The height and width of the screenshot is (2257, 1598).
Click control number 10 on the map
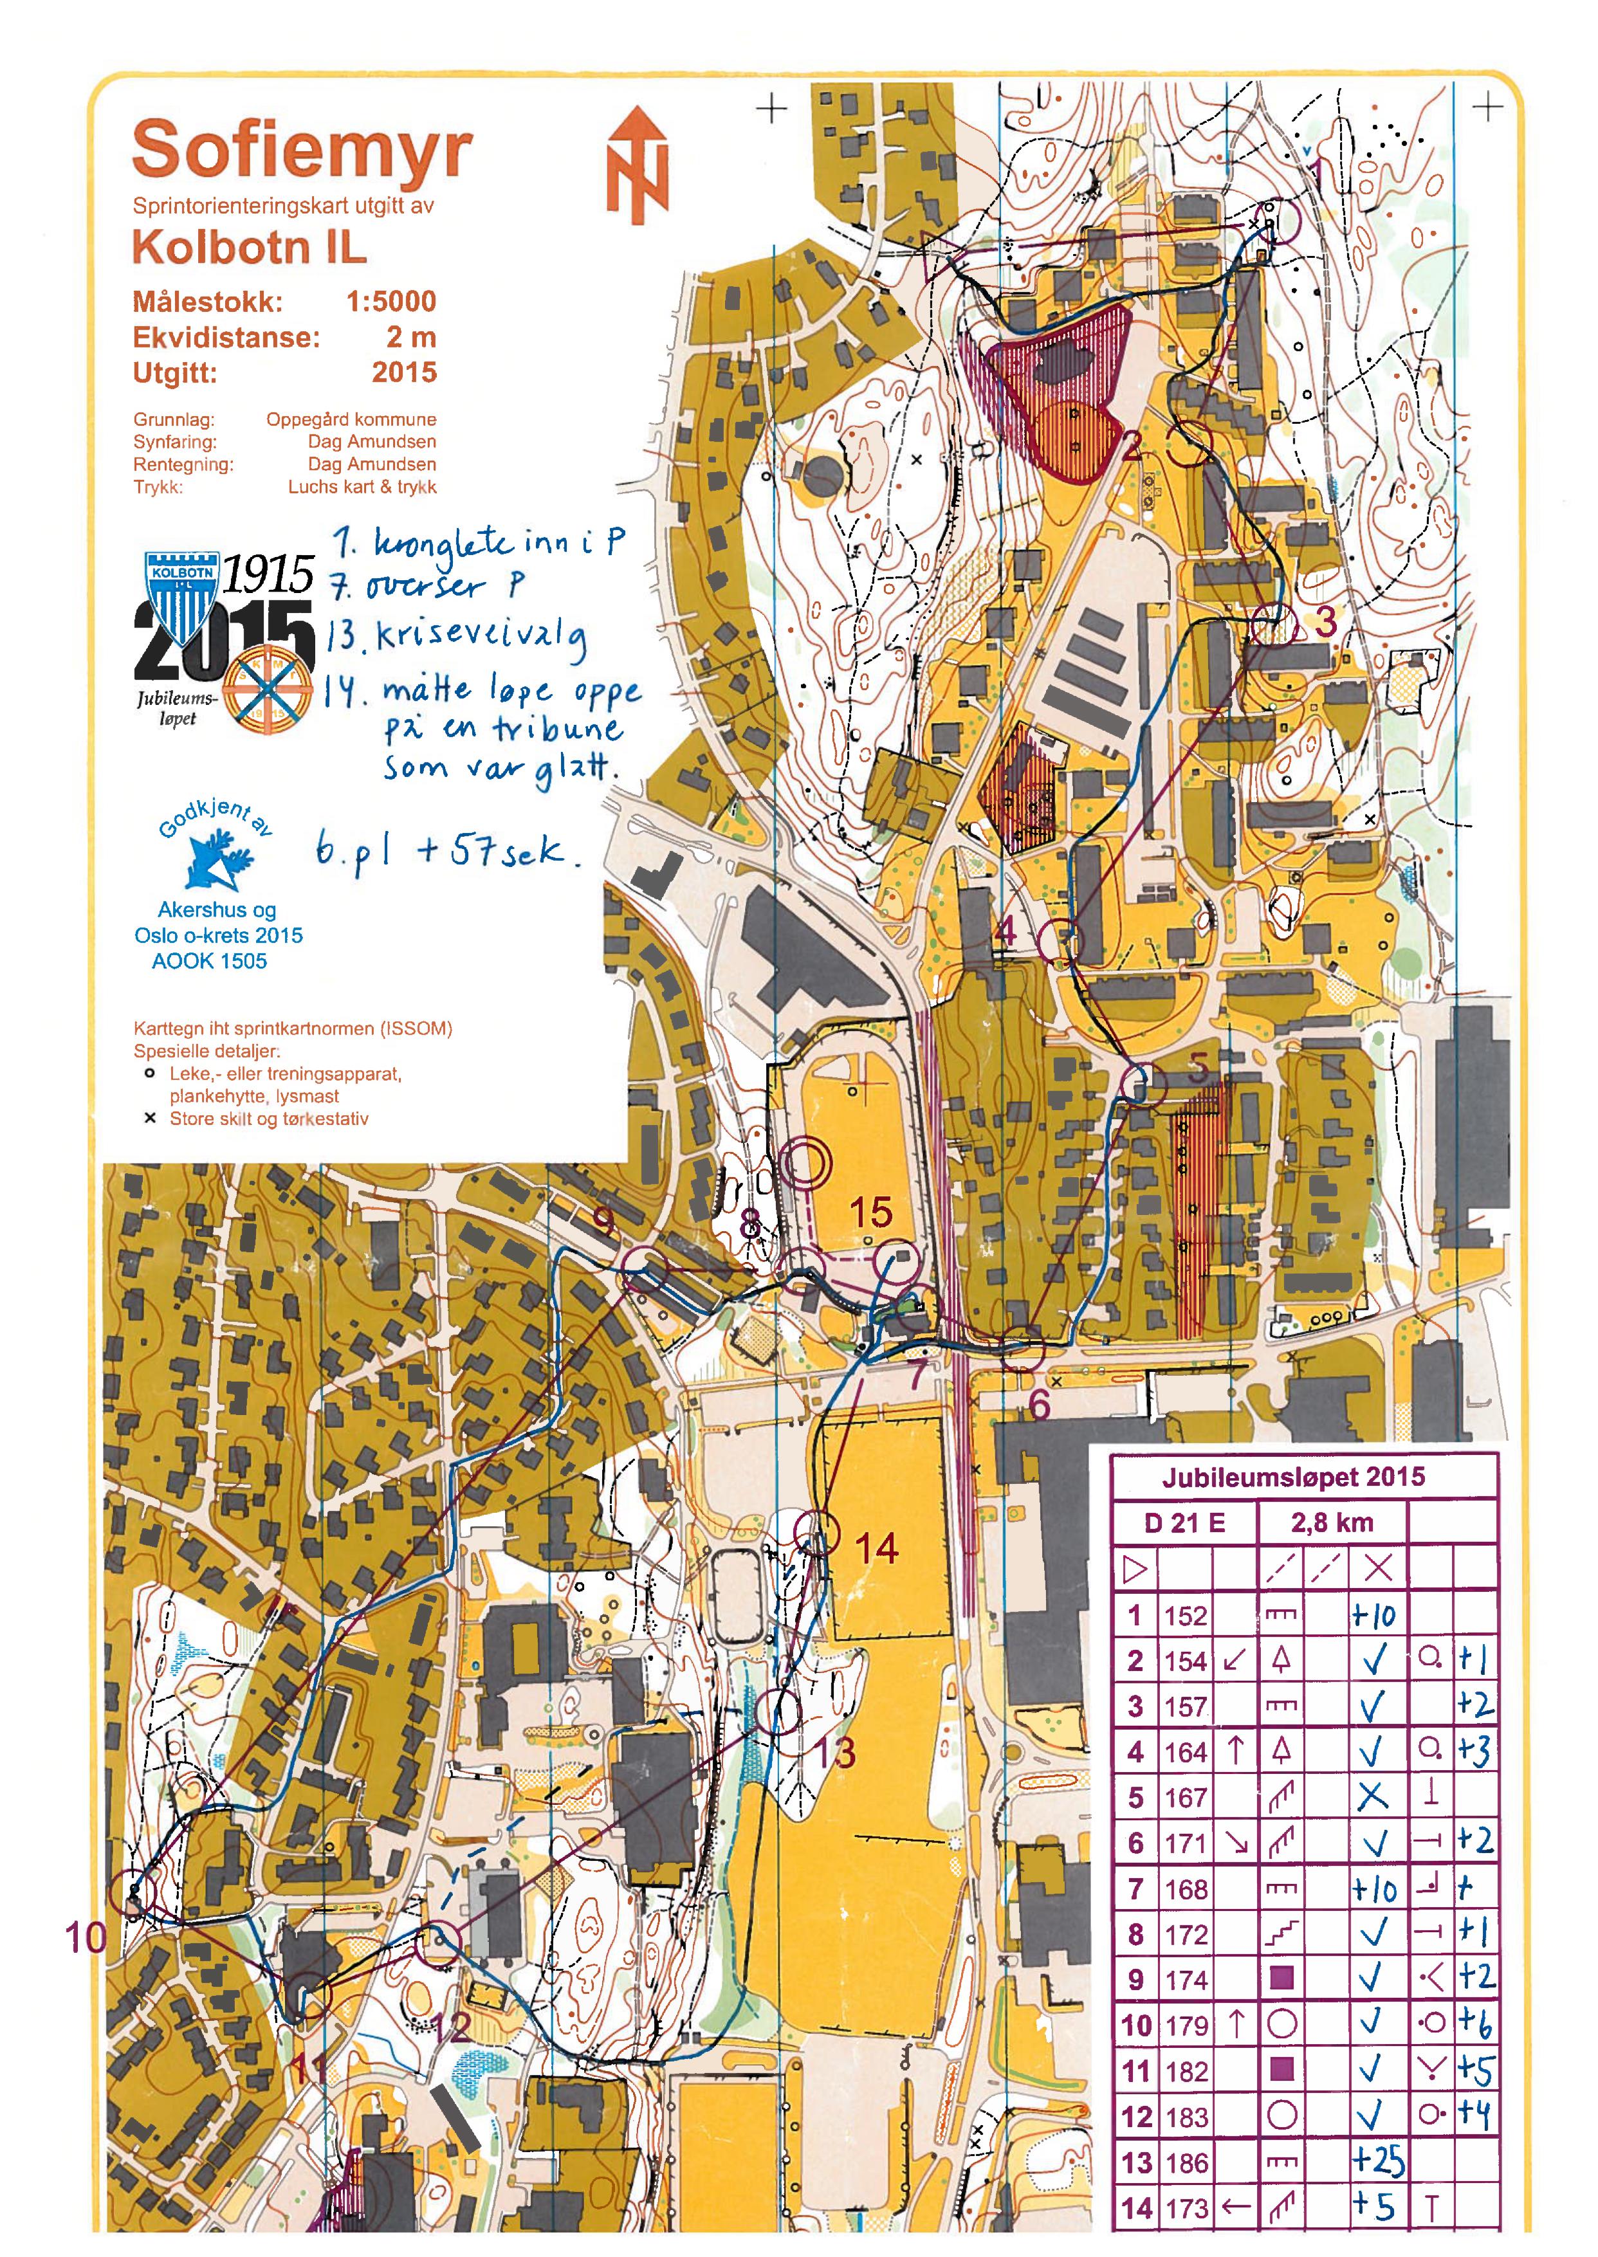pyautogui.click(x=85, y=1938)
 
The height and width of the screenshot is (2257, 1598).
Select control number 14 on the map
pyautogui.click(x=876, y=1549)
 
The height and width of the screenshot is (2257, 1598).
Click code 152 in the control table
pyautogui.click(x=1185, y=1616)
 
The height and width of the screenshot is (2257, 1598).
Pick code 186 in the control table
pyautogui.click(x=1185, y=2162)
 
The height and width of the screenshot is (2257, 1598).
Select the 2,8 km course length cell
pyautogui.click(x=1331, y=1523)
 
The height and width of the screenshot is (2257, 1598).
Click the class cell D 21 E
pyautogui.click(x=1185, y=1523)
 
